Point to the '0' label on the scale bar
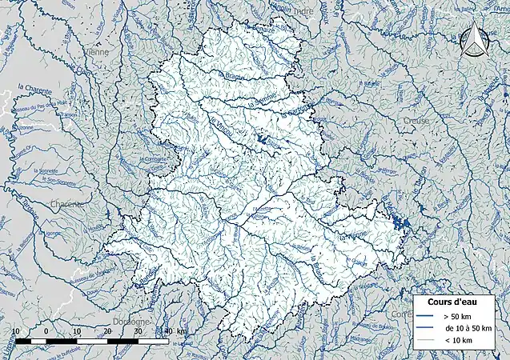(46, 330)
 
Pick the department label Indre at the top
(307, 10)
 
